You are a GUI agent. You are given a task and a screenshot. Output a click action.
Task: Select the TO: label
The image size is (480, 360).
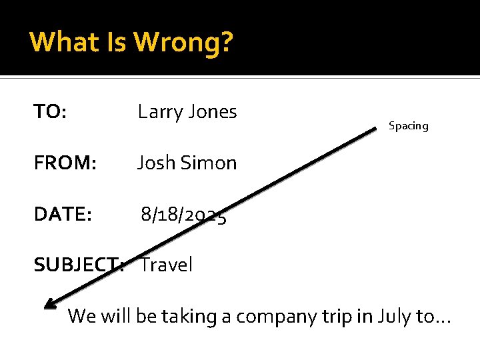click(x=50, y=112)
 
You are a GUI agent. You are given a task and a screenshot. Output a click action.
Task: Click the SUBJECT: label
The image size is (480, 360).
click(x=79, y=265)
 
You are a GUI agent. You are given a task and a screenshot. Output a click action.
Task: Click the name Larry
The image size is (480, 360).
click(x=159, y=112)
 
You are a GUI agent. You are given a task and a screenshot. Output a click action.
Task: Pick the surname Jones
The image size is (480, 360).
click(x=211, y=112)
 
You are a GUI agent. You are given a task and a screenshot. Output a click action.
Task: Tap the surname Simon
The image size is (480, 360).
click(x=209, y=163)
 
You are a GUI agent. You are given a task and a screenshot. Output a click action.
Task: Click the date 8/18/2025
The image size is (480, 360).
click(x=183, y=215)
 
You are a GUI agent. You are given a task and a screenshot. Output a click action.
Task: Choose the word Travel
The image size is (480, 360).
click(x=167, y=265)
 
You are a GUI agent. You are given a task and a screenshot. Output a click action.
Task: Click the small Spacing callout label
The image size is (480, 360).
click(x=409, y=126)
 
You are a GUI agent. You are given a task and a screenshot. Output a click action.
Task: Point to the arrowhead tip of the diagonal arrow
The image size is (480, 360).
click(x=46, y=307)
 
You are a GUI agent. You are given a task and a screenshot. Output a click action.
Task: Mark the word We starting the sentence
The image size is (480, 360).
click(x=82, y=315)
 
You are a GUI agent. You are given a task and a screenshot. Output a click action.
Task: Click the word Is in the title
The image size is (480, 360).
click(x=117, y=42)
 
